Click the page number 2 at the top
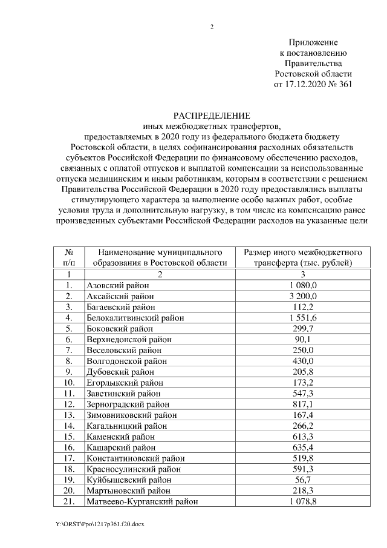pyautogui.click(x=212, y=27)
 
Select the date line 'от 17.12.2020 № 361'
pyautogui.click(x=313, y=84)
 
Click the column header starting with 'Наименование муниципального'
pyautogui.click(x=160, y=257)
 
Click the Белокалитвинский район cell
pyautogui.click(x=135, y=317)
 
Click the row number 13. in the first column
pyautogui.click(x=69, y=415)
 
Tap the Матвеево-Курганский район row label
pyautogui.click(x=142, y=501)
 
